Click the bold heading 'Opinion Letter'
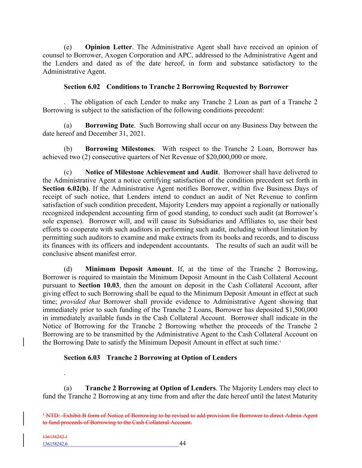pyautogui.click(x=108, y=47)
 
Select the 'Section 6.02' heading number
pyautogui.click(x=82, y=87)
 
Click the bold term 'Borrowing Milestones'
pyautogui.click(x=119, y=149)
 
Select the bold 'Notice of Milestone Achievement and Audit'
pyautogui.click(x=151, y=172)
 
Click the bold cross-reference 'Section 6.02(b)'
pyautogui.click(x=66, y=189)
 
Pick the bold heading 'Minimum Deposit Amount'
pyautogui.click(x=128, y=269)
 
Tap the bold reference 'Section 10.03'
pyautogui.click(x=98, y=285)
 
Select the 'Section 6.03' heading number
pyautogui.click(x=82, y=358)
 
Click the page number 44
pyautogui.click(x=183, y=443)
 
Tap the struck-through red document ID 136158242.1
pyautogui.click(x=55, y=437)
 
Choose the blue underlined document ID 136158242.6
pyautogui.click(x=55, y=444)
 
